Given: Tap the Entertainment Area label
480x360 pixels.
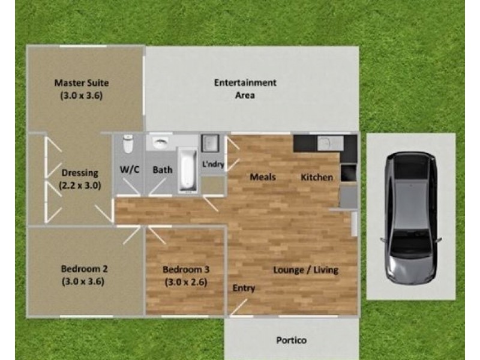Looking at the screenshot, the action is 245,89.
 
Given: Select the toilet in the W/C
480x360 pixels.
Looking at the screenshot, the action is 128,144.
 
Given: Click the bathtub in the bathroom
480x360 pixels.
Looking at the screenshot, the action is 188,170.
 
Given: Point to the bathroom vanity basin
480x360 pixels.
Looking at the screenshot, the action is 160,143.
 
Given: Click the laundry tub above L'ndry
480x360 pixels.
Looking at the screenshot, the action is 210,143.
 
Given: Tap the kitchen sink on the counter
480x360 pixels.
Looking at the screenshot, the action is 331,143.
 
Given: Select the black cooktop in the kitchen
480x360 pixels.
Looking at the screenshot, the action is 349,173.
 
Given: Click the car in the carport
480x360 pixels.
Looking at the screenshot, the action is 411,218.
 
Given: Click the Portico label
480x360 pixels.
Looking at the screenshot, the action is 292,340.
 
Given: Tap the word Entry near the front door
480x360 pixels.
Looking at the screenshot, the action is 244,289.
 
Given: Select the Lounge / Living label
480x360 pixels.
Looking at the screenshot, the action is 305,270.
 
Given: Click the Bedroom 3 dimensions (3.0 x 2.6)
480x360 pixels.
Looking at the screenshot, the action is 186,282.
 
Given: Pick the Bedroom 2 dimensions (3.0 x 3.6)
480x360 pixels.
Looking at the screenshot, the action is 83,281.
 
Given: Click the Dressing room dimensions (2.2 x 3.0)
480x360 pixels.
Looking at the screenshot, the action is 80,185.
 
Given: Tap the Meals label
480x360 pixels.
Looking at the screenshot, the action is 263,177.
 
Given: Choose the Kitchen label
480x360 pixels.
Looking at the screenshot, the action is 317,177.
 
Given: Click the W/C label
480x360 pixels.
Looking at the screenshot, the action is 130,170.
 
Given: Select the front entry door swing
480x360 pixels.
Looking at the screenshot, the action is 239,307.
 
